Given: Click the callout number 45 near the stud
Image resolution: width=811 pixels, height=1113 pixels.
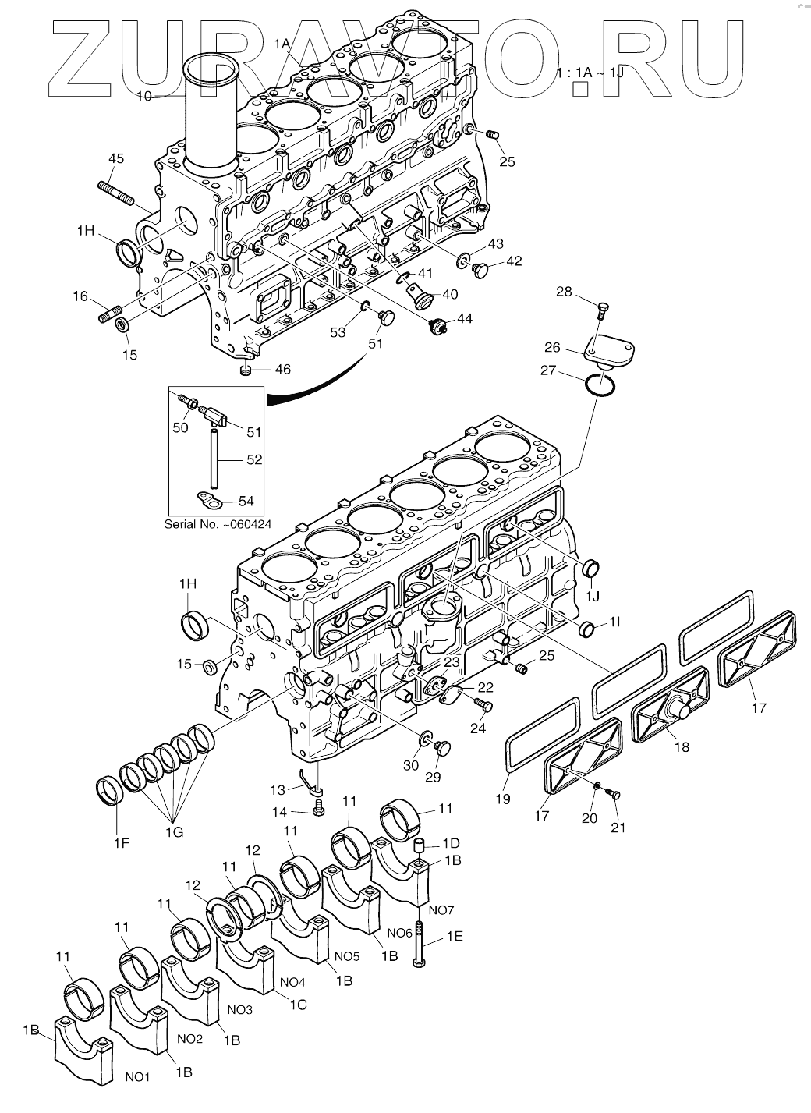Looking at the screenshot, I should [115, 159].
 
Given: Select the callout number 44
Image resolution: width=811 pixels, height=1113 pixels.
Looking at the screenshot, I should [465, 318].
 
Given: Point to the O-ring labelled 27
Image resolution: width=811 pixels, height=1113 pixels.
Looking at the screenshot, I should [602, 385].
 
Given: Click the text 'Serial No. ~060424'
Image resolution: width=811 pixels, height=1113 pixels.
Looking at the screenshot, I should [218, 524].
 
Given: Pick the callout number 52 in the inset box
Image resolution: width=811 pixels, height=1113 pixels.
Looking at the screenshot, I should [254, 460].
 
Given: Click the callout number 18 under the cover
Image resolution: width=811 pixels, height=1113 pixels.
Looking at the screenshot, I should [682, 746].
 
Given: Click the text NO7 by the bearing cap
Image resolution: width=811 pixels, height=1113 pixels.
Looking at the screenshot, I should [441, 909].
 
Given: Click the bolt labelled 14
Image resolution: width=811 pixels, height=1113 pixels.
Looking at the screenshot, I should [317, 812].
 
